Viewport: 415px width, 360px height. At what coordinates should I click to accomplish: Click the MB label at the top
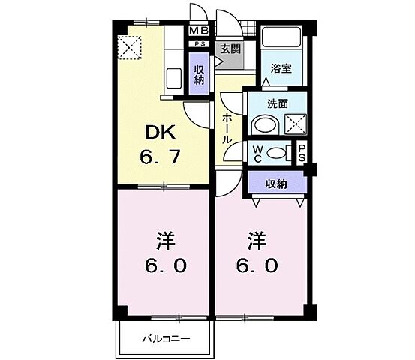tap(199, 31)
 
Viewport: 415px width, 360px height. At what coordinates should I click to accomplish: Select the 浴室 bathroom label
tap(281, 67)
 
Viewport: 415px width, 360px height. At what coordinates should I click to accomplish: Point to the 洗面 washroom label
tap(277, 104)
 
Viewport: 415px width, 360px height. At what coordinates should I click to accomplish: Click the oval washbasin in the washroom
tap(263, 124)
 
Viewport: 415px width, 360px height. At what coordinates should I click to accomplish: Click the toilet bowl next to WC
tap(278, 153)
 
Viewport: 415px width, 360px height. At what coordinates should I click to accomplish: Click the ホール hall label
tap(227, 129)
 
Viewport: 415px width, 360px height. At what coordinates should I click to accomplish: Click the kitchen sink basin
tap(173, 76)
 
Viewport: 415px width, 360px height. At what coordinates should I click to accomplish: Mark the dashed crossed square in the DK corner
tap(133, 47)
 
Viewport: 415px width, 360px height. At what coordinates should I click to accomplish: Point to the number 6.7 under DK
tap(160, 158)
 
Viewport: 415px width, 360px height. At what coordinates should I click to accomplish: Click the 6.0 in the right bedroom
tap(260, 265)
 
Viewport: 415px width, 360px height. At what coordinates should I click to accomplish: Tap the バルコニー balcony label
tap(166, 338)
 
